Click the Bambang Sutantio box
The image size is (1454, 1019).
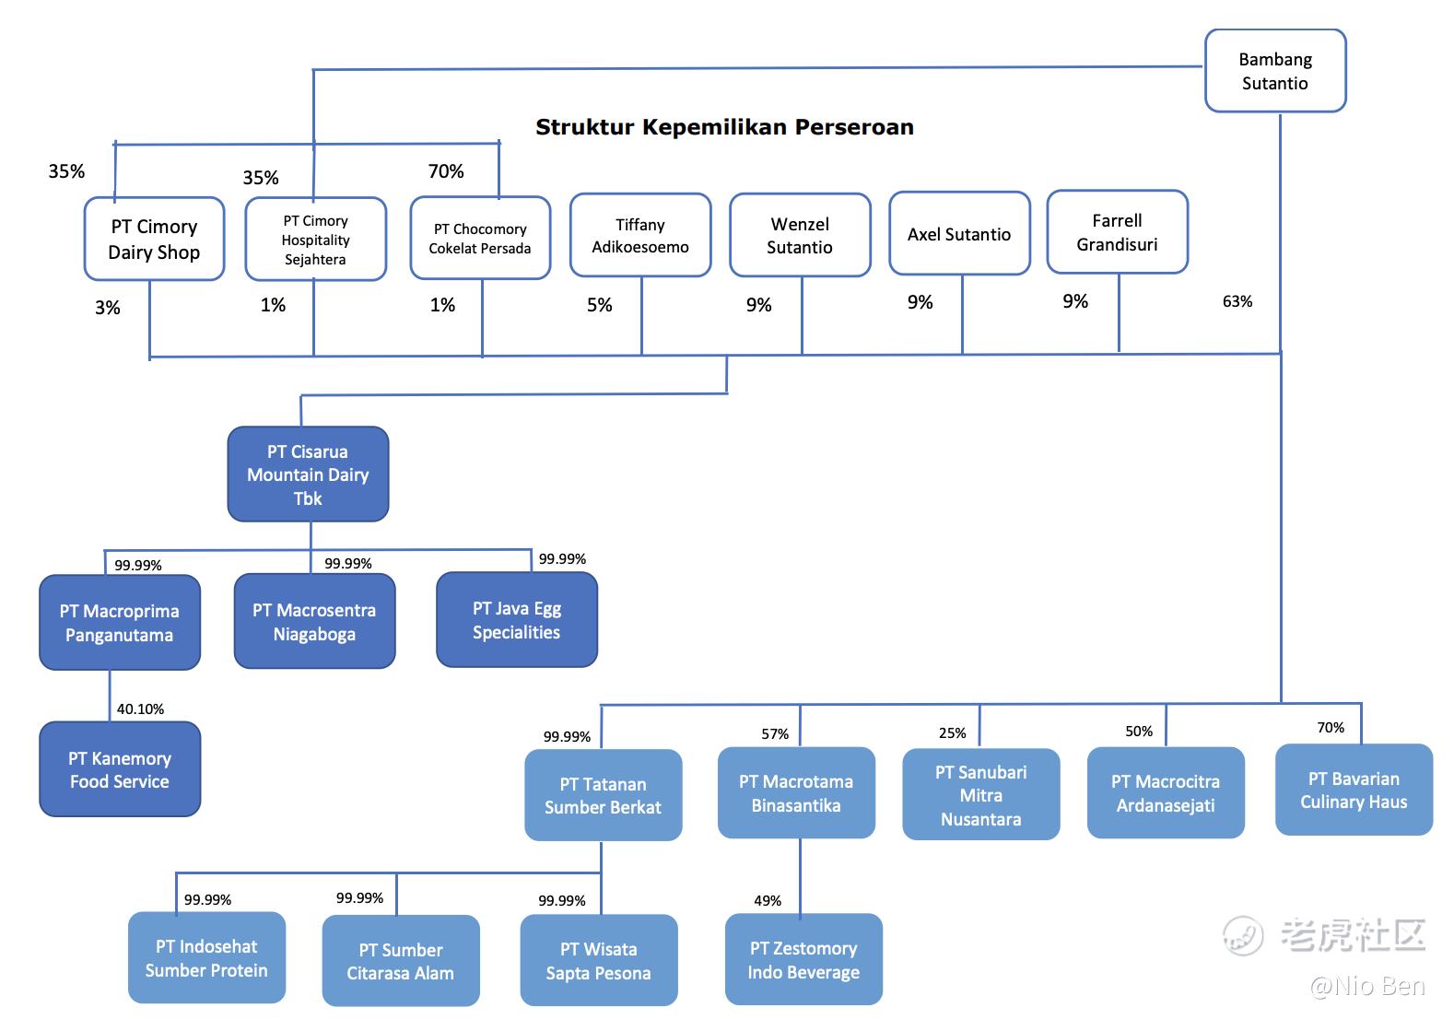[1275, 71]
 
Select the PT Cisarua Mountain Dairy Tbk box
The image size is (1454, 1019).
[308, 474]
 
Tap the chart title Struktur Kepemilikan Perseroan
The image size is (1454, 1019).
[724, 127]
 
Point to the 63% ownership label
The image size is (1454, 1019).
[1237, 301]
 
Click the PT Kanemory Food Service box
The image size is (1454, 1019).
[120, 769]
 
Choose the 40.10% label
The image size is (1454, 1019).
[140, 709]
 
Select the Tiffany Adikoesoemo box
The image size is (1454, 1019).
[640, 235]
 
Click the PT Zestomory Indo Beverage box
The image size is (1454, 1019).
[803, 959]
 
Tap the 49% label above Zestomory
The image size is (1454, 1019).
[768, 900]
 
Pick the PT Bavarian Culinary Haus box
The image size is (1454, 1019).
[1354, 790]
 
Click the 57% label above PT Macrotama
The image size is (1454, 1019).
[775, 733]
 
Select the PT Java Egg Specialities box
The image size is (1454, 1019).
[517, 620]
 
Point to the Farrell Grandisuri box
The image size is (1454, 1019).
[1117, 232]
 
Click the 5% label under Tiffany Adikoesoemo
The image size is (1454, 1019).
[599, 305]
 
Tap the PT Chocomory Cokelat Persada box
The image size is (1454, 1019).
[480, 238]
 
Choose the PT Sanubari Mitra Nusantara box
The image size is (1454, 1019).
[980, 794]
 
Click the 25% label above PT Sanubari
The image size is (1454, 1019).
[952, 732]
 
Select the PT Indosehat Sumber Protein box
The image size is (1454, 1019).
[206, 957]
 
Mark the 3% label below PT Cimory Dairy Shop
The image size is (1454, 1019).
[108, 308]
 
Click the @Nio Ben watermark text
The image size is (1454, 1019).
[1367, 986]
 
